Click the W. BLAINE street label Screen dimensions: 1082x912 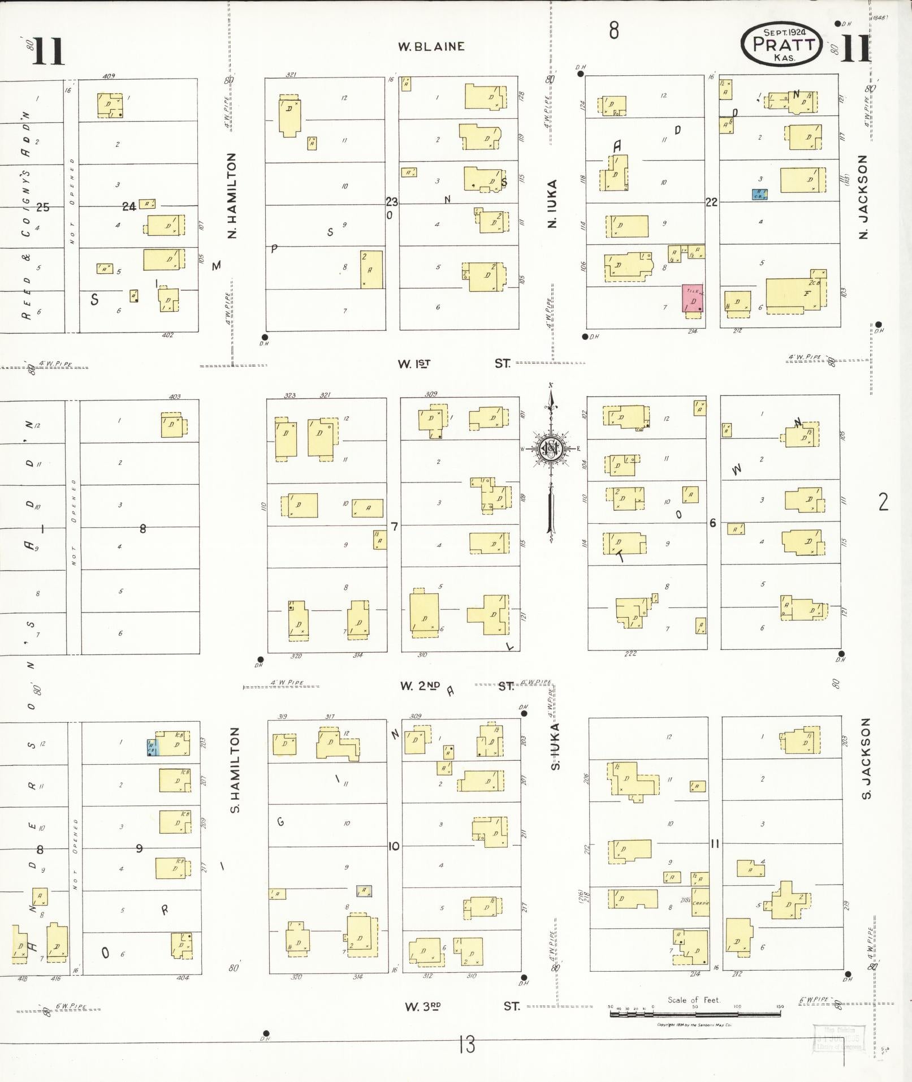(x=431, y=46)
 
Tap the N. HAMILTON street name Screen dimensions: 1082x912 (x=232, y=196)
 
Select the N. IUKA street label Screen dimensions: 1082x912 (x=552, y=204)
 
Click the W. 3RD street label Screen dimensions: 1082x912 (x=422, y=1006)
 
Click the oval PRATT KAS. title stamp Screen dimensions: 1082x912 (x=783, y=44)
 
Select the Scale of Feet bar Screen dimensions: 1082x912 (x=694, y=1013)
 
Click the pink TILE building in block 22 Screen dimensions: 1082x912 (x=692, y=298)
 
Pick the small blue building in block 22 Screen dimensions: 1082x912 (x=759, y=194)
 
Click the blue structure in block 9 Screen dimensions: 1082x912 (x=152, y=747)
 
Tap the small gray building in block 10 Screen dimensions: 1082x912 (x=364, y=891)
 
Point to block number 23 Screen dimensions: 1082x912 (x=392, y=201)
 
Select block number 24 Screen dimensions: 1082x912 (x=129, y=207)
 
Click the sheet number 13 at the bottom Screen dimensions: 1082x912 (x=467, y=1044)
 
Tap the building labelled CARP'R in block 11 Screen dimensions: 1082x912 (x=700, y=903)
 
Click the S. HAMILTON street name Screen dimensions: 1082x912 (x=236, y=770)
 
